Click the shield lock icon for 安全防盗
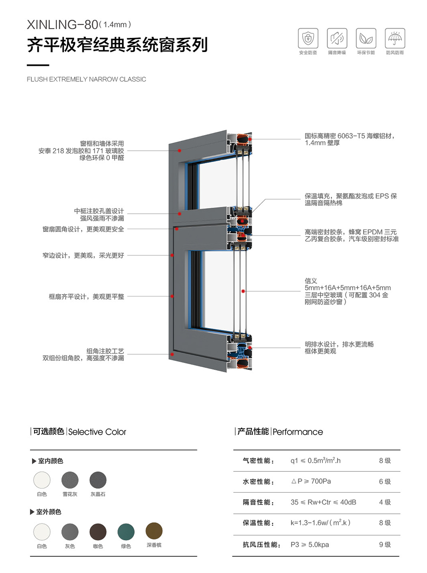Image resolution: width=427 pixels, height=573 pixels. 308,38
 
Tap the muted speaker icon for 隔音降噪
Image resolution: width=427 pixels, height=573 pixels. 337,38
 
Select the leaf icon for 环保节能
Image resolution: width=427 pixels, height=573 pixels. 366,38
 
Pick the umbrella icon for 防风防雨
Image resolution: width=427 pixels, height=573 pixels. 395,38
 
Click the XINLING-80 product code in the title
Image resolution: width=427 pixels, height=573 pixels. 63,25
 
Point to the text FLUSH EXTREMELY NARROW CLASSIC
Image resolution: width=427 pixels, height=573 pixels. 86,79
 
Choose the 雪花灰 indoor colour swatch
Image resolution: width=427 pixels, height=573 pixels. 70,480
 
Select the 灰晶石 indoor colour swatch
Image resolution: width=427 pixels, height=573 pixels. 98,480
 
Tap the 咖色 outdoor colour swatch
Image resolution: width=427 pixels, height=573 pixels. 98,532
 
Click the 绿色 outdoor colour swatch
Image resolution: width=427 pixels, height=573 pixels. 126,532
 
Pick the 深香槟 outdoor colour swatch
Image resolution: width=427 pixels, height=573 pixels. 154,531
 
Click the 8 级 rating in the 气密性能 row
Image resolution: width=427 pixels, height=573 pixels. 385,461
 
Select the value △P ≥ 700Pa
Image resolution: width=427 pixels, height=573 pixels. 311,481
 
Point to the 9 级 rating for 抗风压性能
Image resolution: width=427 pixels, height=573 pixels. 385,544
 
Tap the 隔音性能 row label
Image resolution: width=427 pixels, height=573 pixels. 258,502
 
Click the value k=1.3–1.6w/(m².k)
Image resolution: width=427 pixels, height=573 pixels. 320,523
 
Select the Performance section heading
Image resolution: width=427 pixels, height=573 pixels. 298,432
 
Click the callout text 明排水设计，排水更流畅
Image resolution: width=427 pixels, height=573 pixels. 339,344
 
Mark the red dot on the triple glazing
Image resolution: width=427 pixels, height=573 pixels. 243,291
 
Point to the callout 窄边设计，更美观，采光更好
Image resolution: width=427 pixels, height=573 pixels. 83,255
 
